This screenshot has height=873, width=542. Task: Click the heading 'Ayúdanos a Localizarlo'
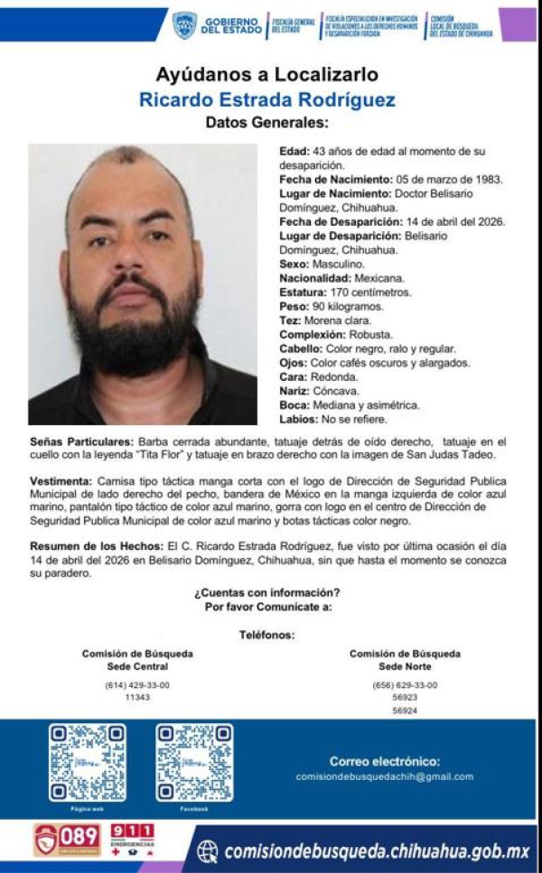click(266, 74)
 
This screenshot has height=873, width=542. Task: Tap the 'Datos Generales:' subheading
click(266, 122)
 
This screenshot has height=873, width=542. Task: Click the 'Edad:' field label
click(295, 151)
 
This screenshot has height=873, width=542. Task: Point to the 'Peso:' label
click(294, 306)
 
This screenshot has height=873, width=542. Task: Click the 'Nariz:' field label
click(296, 391)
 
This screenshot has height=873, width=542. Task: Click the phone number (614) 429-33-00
click(137, 684)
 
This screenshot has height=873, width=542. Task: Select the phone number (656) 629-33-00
click(405, 684)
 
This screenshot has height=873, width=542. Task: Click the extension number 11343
click(137, 697)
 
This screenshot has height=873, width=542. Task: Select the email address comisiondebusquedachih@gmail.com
click(385, 776)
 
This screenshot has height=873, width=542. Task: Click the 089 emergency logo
click(67, 840)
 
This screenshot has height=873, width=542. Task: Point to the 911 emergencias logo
click(132, 840)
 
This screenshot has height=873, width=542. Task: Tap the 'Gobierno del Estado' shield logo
click(184, 24)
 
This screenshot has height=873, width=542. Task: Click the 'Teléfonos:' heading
click(266, 635)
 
